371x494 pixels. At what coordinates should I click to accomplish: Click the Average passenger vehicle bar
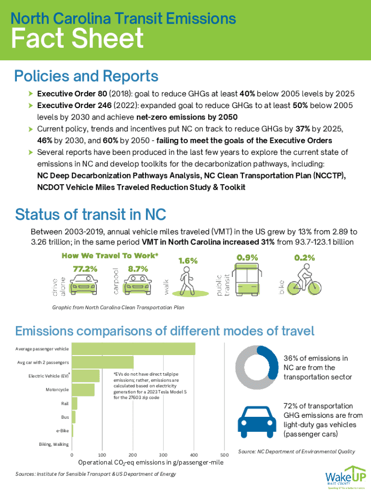(x=133, y=348)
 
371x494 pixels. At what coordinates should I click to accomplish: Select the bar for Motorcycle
(x=83, y=389)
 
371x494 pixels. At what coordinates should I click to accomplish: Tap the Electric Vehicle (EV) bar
(x=86, y=375)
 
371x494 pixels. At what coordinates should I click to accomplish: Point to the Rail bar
(x=75, y=403)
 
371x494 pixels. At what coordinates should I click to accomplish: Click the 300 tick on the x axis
(x=163, y=454)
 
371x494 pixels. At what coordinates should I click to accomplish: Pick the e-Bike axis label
(x=62, y=430)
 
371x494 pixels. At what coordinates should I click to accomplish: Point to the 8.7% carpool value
(x=138, y=269)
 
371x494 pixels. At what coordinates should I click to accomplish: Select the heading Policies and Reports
(x=87, y=76)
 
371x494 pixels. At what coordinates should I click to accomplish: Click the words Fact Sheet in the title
(x=77, y=39)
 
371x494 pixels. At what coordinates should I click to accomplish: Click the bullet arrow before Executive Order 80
(x=31, y=93)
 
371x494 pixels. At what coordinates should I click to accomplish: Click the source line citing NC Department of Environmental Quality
(x=296, y=452)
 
